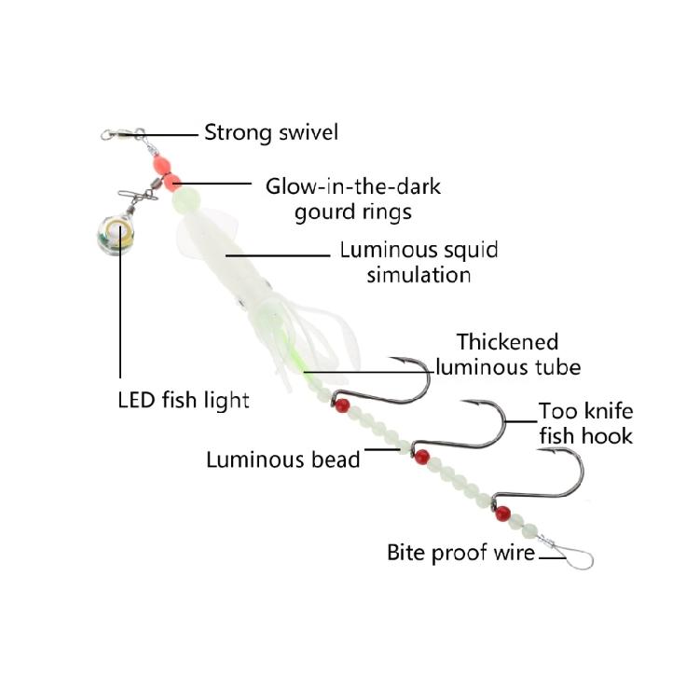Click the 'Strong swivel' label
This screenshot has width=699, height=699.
(x=271, y=132)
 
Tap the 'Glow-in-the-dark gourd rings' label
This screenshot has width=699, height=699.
(x=353, y=199)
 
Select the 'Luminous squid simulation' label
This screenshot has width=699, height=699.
(x=418, y=262)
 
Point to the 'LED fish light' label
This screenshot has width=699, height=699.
(x=184, y=400)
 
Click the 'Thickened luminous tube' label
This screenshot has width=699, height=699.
(x=508, y=355)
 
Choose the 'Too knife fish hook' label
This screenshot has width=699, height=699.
(x=586, y=423)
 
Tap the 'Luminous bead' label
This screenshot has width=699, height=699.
(x=283, y=459)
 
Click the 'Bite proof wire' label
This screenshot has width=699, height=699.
(x=461, y=553)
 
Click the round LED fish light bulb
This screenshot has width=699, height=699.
(x=115, y=235)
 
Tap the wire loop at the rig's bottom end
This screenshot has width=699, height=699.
(x=575, y=557)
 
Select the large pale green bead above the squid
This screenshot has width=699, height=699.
(x=185, y=199)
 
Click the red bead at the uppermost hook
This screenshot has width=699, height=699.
(x=342, y=405)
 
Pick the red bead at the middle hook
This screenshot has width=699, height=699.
(x=421, y=457)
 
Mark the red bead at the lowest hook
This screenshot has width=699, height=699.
(x=503, y=514)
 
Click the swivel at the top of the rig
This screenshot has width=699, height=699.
(x=123, y=133)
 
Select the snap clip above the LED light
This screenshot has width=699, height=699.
(x=138, y=195)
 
